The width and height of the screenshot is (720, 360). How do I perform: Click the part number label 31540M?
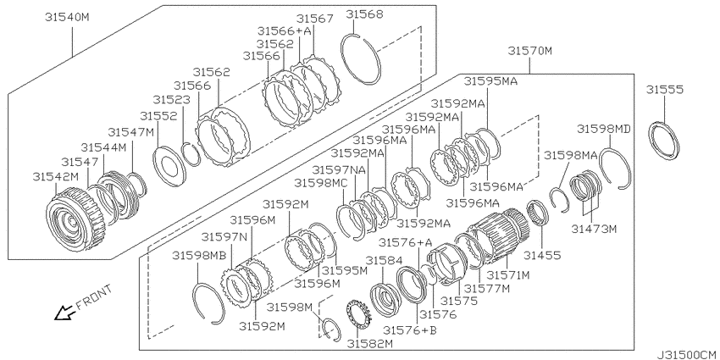click(67, 18)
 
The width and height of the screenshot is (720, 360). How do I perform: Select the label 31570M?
click(529, 51)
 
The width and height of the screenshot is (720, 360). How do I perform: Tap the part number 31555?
click(664, 89)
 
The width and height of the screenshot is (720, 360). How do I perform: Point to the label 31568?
click(364, 14)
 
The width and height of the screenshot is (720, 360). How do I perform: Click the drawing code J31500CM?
click(688, 355)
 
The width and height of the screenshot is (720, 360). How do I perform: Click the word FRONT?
click(94, 297)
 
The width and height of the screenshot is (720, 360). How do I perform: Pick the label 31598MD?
click(603, 129)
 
